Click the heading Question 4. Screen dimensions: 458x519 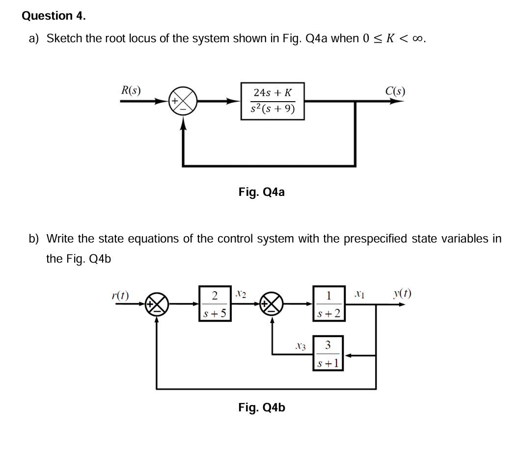point(54,16)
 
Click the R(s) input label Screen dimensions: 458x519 point(131,90)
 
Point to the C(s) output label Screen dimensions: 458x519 point(395,90)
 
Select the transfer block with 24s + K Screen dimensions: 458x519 point(273,101)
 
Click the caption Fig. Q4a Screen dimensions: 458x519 point(261,192)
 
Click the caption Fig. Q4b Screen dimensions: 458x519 point(261,407)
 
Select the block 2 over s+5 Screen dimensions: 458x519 point(215,304)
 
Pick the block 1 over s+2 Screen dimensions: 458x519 point(329,304)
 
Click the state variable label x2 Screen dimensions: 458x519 point(241,294)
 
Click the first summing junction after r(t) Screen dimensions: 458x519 point(156,305)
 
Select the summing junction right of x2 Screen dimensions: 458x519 point(273,305)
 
